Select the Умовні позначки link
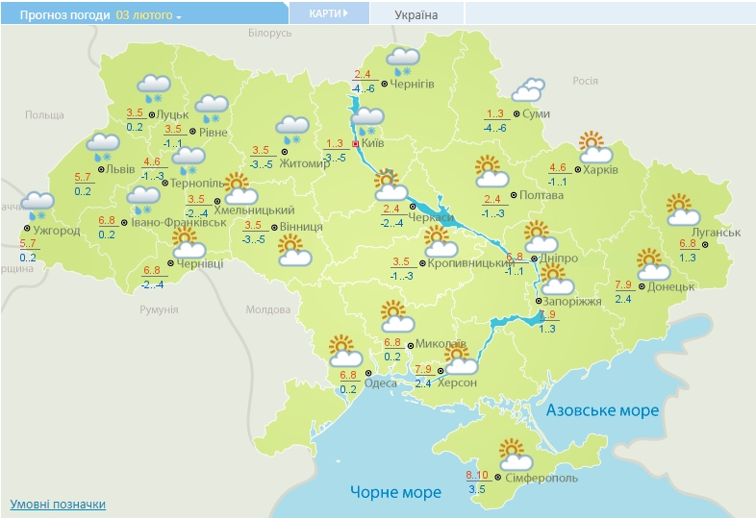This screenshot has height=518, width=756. [58, 504]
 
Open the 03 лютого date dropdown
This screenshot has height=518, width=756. [149, 15]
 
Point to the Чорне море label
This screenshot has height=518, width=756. [395, 492]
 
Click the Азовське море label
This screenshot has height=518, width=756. [603, 410]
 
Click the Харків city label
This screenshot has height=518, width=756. [601, 169]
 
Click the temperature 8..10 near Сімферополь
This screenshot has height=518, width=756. [477, 476]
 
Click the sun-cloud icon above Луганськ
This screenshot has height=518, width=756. [680, 208]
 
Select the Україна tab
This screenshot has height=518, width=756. [416, 14]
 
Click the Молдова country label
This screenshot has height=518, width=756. [267, 309]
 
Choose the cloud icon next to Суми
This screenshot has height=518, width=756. [527, 90]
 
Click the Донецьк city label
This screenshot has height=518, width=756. [670, 286]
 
